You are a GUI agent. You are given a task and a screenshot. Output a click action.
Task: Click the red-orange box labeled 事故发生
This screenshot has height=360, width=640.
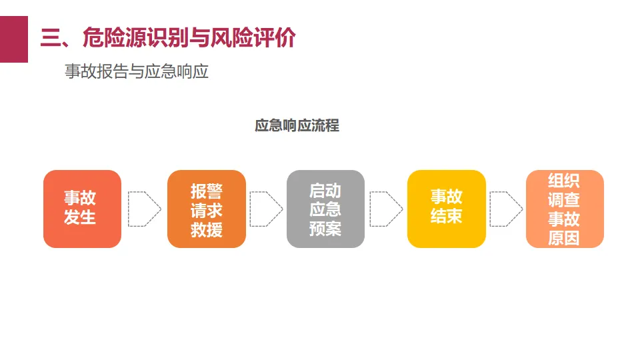(x=82, y=209)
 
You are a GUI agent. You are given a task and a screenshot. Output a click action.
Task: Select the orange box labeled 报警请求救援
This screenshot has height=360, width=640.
(x=206, y=209)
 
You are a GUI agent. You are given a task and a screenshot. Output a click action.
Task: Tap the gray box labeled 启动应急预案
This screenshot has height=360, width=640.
(x=325, y=209)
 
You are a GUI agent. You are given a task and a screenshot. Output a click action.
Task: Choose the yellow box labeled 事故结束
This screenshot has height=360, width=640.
(x=446, y=209)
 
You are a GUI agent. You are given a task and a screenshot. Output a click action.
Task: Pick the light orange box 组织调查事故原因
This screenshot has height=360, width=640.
(x=564, y=209)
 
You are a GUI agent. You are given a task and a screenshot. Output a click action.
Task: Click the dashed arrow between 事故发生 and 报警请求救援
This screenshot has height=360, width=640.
(x=144, y=209)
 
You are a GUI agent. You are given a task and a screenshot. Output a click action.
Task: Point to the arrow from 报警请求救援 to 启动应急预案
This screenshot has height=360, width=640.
(x=266, y=209)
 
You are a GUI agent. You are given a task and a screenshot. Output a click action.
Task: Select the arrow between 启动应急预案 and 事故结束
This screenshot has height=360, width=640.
(x=386, y=209)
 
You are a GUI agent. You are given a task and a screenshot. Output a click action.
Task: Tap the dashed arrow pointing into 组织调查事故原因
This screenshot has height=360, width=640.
(x=505, y=209)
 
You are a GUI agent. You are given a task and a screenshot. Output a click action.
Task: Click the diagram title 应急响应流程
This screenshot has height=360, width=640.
(x=297, y=125)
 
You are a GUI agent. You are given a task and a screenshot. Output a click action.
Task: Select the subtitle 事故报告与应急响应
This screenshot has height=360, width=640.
(x=137, y=71)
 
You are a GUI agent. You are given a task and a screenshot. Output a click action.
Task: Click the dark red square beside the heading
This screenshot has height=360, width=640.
(x=13, y=39)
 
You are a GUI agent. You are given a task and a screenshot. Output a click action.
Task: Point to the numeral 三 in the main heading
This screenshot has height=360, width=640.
(x=51, y=38)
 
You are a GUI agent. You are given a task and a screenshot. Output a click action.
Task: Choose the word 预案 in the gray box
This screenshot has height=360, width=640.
(x=325, y=229)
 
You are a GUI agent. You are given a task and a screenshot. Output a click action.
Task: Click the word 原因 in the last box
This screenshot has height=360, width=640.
(x=564, y=238)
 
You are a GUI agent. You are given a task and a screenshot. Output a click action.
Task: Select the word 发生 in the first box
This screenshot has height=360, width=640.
(x=80, y=218)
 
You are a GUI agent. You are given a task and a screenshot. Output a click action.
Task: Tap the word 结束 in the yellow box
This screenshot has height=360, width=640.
(x=446, y=217)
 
